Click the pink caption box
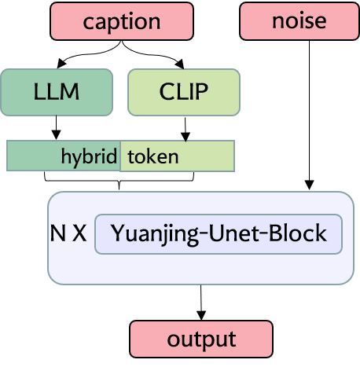point(122,21)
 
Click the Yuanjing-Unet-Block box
point(218,234)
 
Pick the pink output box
point(201,339)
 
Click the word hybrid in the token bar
point(89,156)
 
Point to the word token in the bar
point(153,156)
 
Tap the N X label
point(68,235)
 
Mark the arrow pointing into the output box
point(202,302)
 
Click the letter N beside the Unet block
point(57,235)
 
